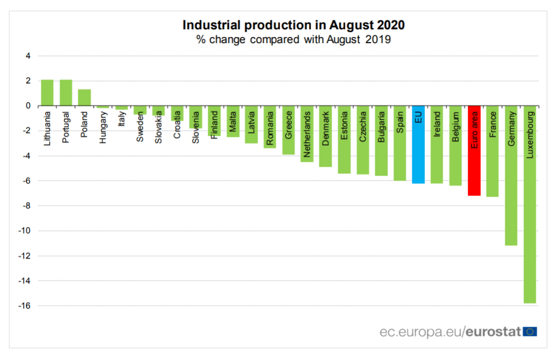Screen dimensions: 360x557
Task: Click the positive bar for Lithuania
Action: click(47, 93)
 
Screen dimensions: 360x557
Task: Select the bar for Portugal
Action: click(66, 93)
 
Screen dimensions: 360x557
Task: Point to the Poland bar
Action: click(84, 98)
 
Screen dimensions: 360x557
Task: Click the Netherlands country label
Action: click(307, 133)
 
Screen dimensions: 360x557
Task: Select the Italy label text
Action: click(122, 119)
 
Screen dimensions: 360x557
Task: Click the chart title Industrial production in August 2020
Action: click(293, 25)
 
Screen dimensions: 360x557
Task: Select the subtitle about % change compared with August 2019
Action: click(293, 40)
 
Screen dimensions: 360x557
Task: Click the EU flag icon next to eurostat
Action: click(530, 331)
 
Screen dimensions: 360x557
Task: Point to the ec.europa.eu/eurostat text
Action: click(450, 331)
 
